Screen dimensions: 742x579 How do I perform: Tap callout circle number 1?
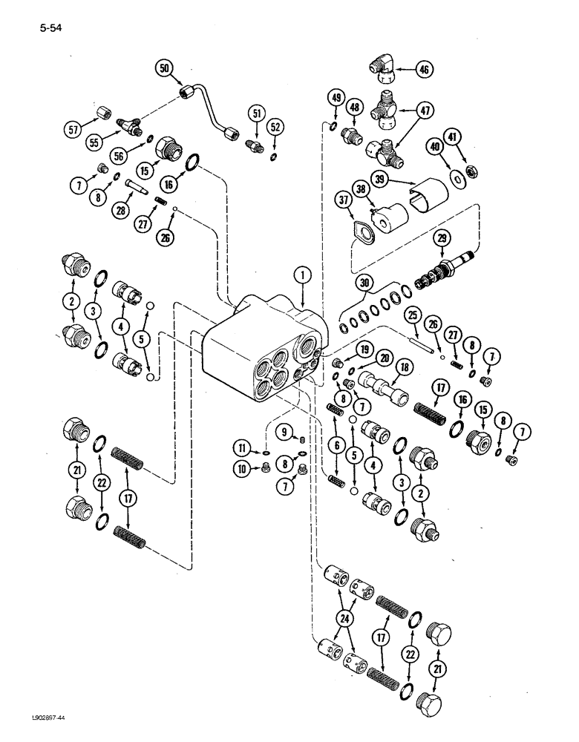click(302, 275)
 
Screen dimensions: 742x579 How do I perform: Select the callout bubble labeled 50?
click(165, 68)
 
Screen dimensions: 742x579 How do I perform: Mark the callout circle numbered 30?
click(363, 283)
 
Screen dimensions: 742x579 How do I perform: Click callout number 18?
click(405, 366)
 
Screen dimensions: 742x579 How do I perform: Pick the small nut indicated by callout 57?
click(103, 112)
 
